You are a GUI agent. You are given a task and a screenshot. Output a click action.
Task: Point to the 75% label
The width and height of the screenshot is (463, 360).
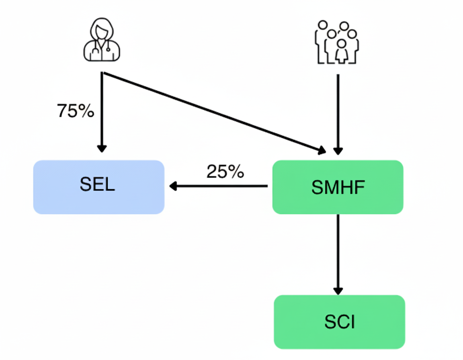click(x=76, y=111)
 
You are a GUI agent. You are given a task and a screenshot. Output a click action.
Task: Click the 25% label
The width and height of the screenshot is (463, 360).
click(x=225, y=172)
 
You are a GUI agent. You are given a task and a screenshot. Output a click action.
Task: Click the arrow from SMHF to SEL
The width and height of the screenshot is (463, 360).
click(x=219, y=186)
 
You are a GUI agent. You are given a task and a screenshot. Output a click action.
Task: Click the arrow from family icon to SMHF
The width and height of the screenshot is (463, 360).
click(x=338, y=112)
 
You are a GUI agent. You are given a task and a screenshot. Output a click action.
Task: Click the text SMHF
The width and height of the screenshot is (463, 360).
click(x=338, y=188)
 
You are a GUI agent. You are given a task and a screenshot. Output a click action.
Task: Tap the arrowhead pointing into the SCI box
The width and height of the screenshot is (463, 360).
click(x=338, y=290)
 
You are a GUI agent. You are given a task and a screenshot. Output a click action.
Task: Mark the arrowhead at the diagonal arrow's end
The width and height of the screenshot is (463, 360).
click(x=322, y=151)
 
